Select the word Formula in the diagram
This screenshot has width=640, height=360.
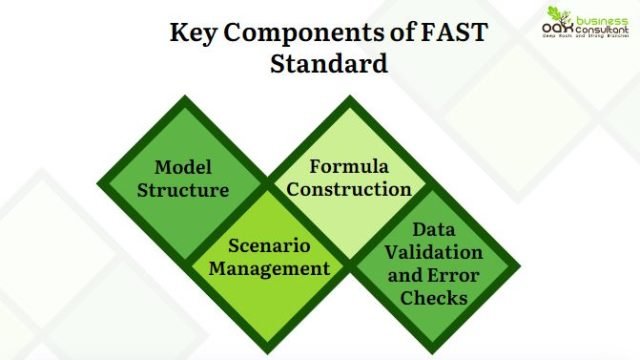pyautogui.click(x=348, y=165)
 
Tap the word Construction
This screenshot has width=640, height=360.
pyautogui.click(x=348, y=188)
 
